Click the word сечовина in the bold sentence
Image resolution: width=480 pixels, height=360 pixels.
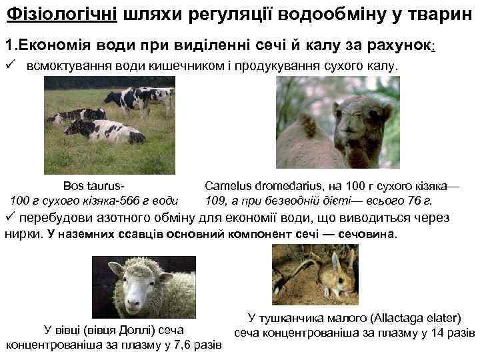pyautogui.click(x=366, y=234)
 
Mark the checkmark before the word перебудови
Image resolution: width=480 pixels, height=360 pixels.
pyautogui.click(x=9, y=217)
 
